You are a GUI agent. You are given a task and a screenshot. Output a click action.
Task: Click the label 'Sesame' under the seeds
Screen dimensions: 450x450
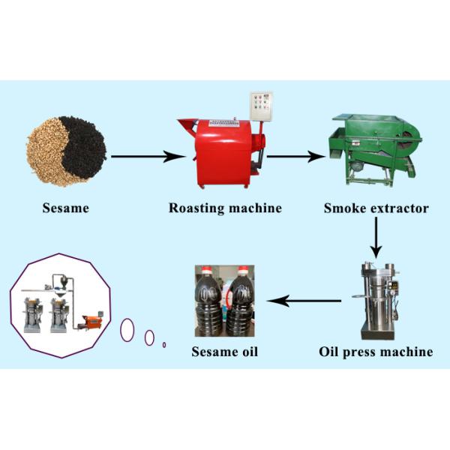coord(65,208)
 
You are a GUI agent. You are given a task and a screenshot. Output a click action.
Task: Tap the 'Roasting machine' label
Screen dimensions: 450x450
coord(225,208)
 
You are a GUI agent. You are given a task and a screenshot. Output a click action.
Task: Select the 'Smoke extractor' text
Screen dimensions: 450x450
coord(376,208)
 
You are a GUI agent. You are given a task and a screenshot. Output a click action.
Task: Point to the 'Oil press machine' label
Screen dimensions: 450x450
coord(376,351)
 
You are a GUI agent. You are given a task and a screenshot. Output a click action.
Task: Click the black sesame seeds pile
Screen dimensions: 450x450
coord(84,142)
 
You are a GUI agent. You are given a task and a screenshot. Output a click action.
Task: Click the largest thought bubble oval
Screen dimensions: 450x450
coord(127,328)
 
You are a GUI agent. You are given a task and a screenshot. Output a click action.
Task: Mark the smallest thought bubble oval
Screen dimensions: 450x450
coord(164,345)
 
